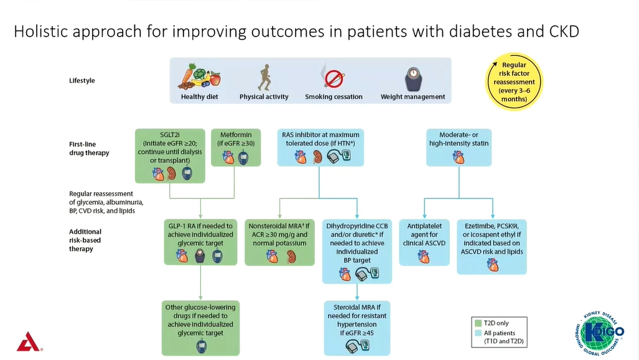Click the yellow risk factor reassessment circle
(514, 81)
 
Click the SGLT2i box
(170, 156)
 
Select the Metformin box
(234, 147)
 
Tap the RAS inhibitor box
(320, 147)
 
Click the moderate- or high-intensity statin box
(459, 147)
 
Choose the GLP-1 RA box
(200, 241)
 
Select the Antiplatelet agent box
(424, 241)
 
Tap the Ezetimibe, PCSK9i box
(492, 246)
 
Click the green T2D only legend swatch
(478, 323)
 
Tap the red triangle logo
(27, 341)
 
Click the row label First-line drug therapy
(90, 149)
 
